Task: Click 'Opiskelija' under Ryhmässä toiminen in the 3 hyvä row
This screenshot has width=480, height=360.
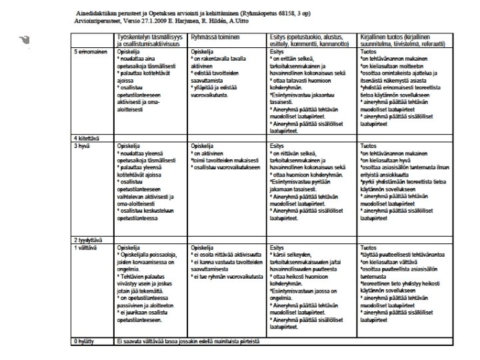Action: [x=203, y=144]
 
